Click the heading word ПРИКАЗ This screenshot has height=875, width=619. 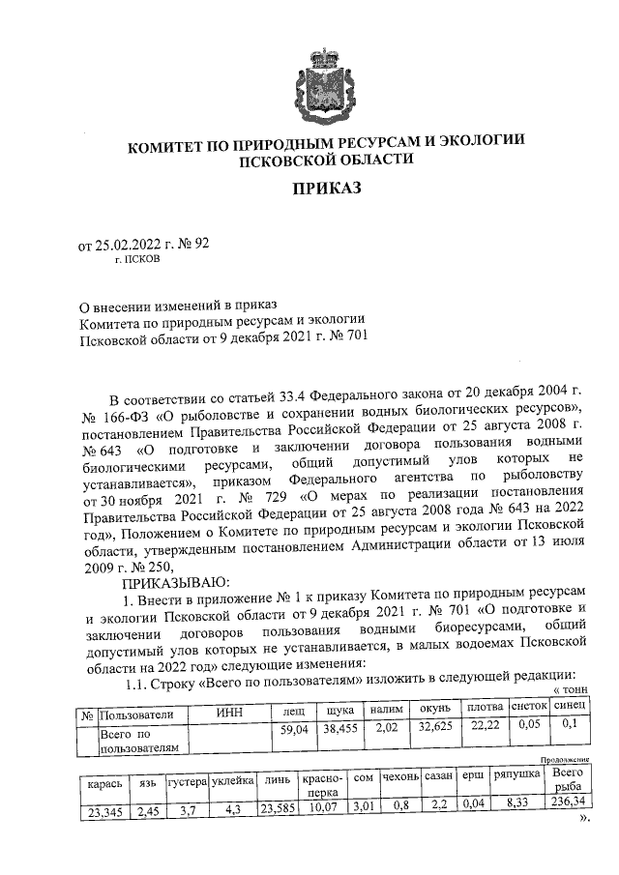tap(326, 188)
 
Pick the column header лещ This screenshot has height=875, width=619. tap(293, 711)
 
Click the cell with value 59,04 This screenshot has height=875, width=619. tap(293, 729)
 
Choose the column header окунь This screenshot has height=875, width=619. tap(436, 711)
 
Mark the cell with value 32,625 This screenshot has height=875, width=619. tap(436, 729)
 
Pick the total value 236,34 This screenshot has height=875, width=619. tap(567, 813)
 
